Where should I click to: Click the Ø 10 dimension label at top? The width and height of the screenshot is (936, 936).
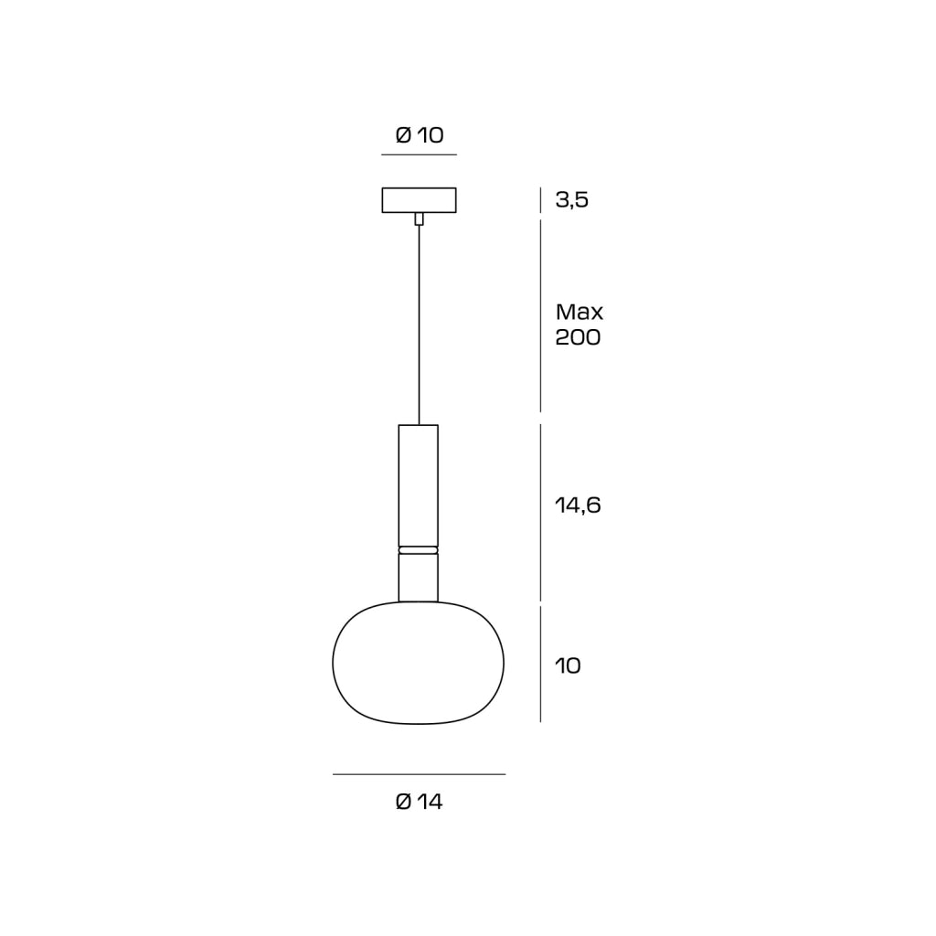420,135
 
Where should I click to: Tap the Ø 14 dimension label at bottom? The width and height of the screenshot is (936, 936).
419,801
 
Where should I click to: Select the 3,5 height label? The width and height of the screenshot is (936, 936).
572,200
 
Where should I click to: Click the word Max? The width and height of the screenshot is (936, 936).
579,312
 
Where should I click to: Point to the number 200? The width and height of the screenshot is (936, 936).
578,337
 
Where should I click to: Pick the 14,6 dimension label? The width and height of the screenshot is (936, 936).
578,505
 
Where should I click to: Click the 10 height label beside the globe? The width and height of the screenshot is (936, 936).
568,665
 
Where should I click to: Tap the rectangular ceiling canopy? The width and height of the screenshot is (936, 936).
419,200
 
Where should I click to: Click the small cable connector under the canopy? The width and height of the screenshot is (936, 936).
419,218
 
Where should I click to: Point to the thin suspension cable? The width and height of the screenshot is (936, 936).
419,324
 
